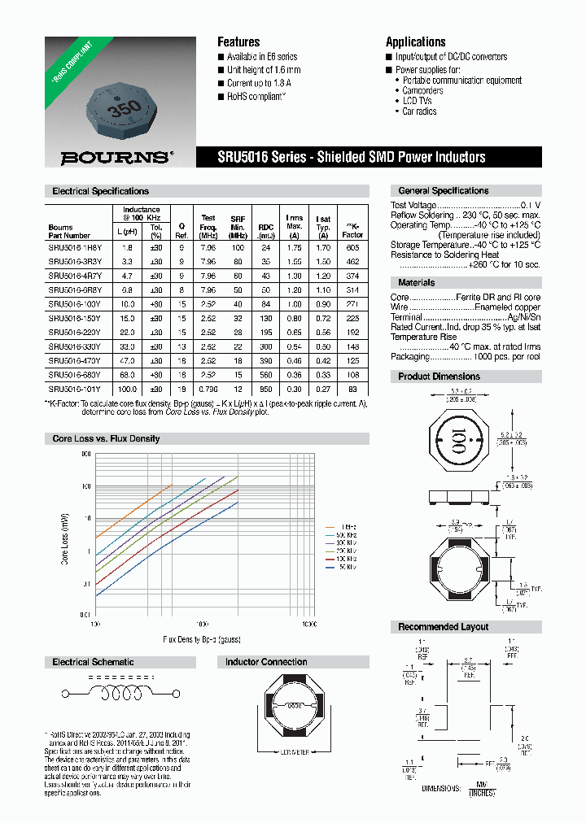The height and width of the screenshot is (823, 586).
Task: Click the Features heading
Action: point(238,41)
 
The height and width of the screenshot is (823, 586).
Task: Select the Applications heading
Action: point(415,41)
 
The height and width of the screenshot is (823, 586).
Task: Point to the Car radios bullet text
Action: point(419,111)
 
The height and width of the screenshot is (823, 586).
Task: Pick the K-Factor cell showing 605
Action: point(352,246)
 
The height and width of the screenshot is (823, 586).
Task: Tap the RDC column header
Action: point(266,228)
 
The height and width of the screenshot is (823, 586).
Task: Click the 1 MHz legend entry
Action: point(347,527)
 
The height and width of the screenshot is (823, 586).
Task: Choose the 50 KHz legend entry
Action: point(347,566)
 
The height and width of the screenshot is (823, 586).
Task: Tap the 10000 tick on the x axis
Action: point(308,624)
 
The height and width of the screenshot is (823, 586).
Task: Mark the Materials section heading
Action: point(417,282)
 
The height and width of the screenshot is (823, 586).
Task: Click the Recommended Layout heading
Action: point(443,627)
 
